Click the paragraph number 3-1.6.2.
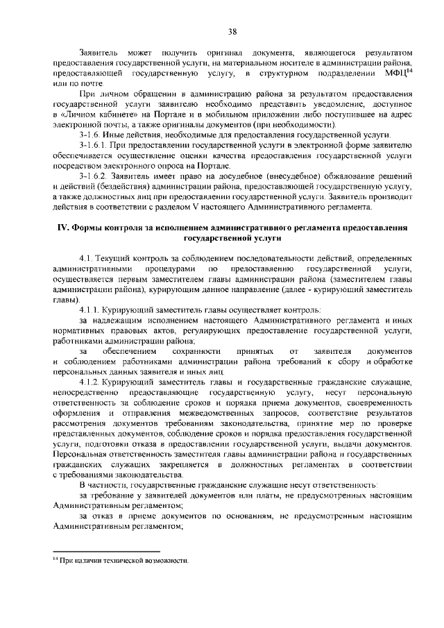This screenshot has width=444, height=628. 94,178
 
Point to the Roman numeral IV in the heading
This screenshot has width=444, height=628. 61,228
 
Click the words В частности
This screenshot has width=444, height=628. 101,485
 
